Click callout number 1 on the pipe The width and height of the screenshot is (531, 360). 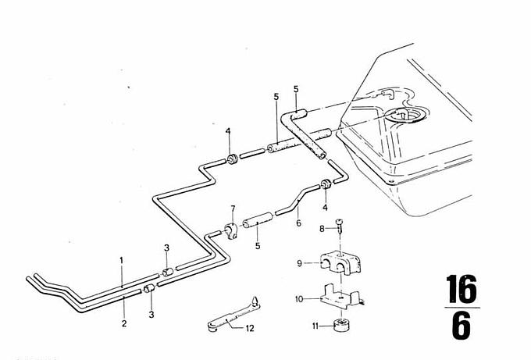click(122, 260)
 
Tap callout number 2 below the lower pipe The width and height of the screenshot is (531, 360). click(124, 323)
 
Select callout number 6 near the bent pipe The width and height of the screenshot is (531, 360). click(298, 223)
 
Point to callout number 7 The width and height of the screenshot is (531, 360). click(233, 209)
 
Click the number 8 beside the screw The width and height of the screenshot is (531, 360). click(322, 230)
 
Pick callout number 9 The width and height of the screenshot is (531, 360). click(299, 263)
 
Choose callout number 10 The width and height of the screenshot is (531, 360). click(299, 299)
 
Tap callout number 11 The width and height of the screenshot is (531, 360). click(315, 326)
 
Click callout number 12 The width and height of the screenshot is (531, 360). click(250, 328)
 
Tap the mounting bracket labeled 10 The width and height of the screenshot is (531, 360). click(341, 297)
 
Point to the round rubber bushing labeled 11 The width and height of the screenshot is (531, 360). click(340, 325)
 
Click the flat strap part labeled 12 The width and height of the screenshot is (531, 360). click(233, 314)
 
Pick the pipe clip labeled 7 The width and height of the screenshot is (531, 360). click(231, 231)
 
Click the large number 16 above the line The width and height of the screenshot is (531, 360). click(461, 289)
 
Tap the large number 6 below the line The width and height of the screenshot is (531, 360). click(461, 326)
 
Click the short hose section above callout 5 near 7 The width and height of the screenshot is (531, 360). click(258, 220)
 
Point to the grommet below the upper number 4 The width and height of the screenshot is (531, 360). click(232, 159)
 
